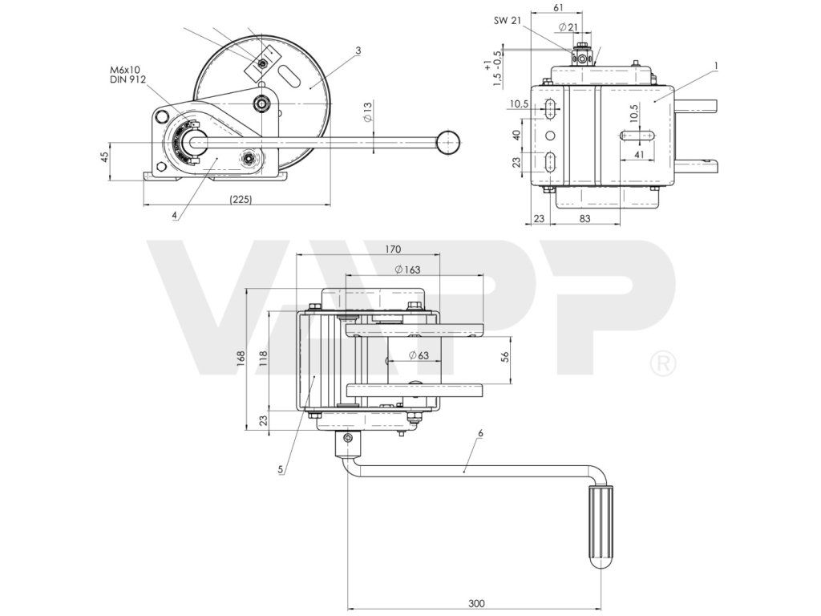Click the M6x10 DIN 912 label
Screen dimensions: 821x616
coord(127,75)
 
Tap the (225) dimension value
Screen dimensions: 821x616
coord(241,199)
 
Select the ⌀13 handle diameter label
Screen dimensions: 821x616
coord(367,112)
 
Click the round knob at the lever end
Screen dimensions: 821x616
coord(449,141)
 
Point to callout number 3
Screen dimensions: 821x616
coord(358,51)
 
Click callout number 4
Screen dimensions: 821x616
coord(176,215)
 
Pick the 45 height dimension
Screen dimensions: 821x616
coord(104,157)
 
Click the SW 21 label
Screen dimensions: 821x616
coord(507,21)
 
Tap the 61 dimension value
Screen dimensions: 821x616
coord(558,6)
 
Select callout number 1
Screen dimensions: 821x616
coord(715,66)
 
